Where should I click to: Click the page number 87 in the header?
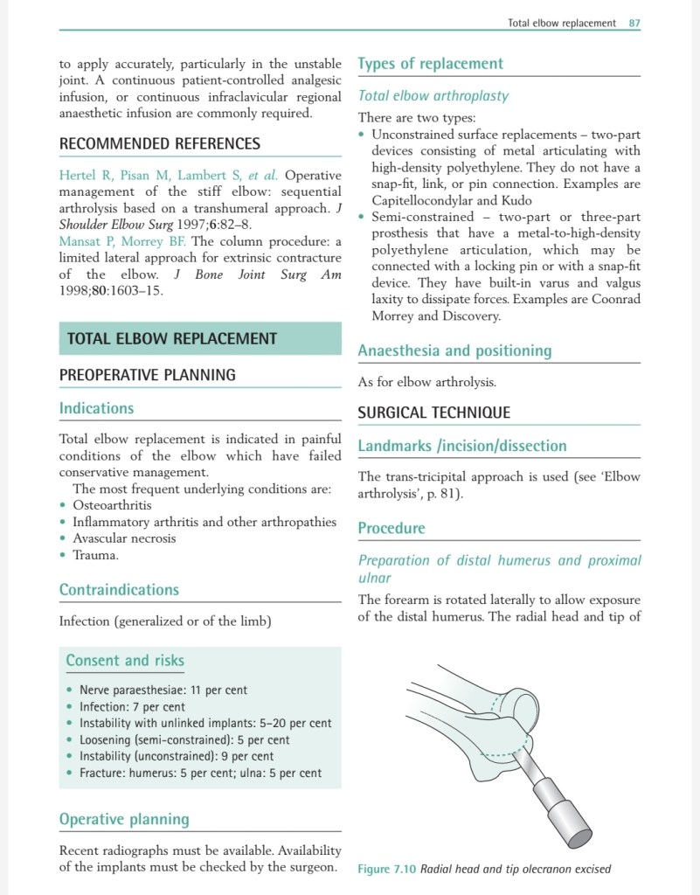[x=634, y=23]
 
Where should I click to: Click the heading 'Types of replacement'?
[x=431, y=64]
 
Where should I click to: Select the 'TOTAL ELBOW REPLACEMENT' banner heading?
[x=172, y=339]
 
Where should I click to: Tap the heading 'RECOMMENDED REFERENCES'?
[x=159, y=143]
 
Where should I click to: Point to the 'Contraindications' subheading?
[x=119, y=590]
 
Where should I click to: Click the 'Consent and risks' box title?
[x=125, y=661]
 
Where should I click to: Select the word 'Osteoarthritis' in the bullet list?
[x=112, y=505]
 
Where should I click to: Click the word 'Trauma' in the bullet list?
[x=95, y=555]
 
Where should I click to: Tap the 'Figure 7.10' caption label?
[x=387, y=869]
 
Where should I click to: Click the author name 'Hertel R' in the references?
[x=84, y=176]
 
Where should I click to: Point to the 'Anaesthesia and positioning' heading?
[x=454, y=350]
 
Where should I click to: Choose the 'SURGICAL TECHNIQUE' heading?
[x=434, y=413]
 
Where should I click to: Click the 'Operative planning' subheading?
[x=124, y=819]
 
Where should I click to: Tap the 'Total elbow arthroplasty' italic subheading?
[x=433, y=95]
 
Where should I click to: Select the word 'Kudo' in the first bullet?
[x=516, y=200]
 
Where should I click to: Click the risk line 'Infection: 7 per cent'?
[x=132, y=706]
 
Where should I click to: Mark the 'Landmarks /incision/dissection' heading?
[x=462, y=446]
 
